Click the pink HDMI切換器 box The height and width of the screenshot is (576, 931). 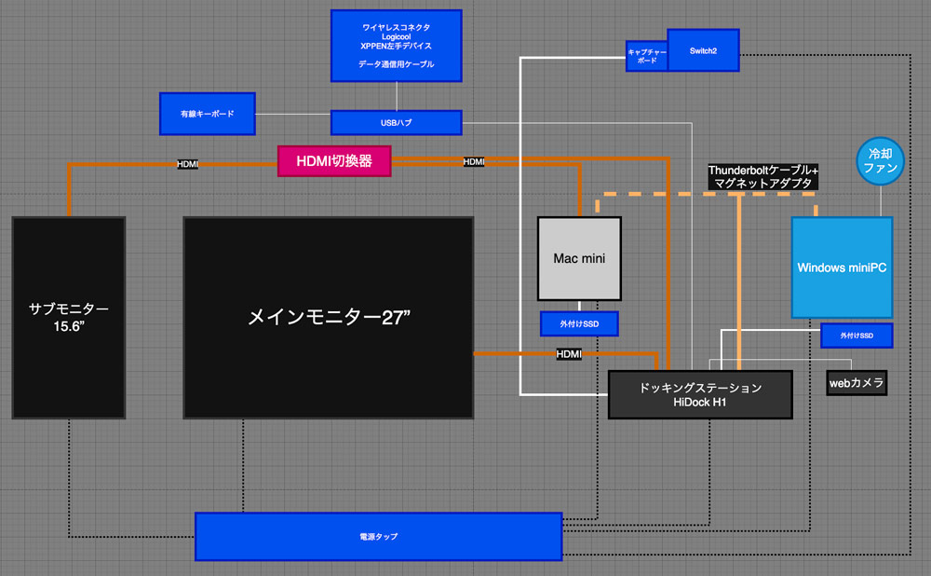tap(333, 160)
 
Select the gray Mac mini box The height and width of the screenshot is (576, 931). tap(579, 258)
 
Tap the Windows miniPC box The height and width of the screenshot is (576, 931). tap(842, 267)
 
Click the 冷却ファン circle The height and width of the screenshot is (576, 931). tap(880, 161)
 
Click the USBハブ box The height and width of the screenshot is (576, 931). tap(397, 122)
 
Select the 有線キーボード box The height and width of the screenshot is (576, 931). tap(207, 113)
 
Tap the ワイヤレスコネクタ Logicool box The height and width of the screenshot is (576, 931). tap(397, 45)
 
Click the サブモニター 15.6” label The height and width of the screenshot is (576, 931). tap(69, 317)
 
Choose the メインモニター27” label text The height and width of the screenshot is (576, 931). tap(329, 317)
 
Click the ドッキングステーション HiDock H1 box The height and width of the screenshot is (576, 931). tap(699, 394)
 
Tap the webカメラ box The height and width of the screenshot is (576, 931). tap(857, 382)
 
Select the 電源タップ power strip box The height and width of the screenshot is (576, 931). tap(378, 537)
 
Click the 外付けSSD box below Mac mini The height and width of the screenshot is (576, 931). tap(579, 323)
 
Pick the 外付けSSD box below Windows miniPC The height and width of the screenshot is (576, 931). tap(857, 335)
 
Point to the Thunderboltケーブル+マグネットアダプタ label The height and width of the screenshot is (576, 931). tap(762, 177)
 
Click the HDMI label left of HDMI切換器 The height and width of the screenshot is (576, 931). tap(188, 164)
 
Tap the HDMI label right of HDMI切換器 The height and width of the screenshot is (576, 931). tap(474, 162)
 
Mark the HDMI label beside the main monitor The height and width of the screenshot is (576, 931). tap(568, 354)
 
